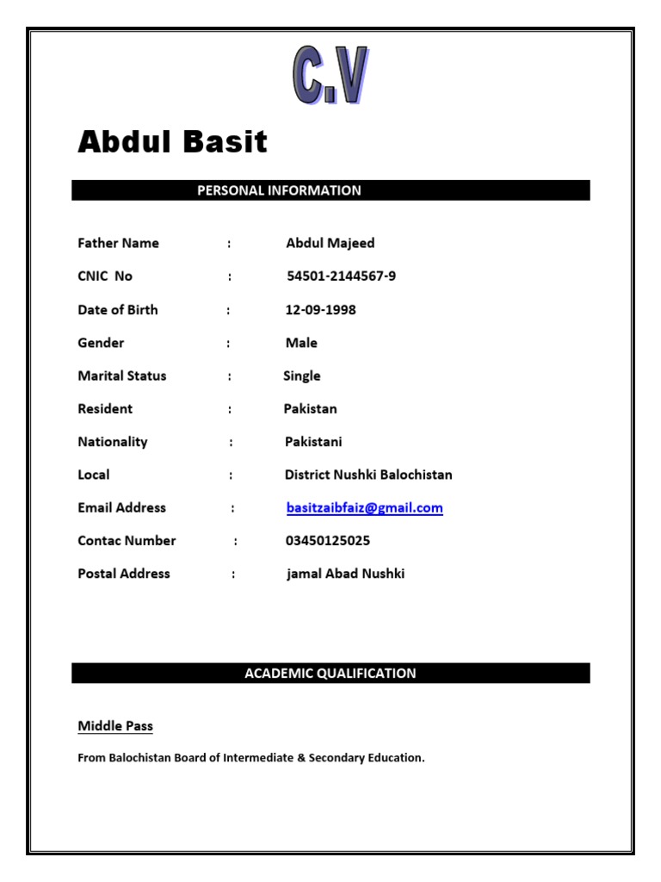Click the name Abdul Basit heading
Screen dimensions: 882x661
pos(173,142)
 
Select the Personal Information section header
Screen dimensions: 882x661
pos(279,190)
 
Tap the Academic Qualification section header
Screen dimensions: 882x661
pos(330,674)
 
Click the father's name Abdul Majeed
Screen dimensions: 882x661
pos(330,243)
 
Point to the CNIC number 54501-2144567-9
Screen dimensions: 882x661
pos(341,276)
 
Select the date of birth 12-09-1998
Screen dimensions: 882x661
pos(320,310)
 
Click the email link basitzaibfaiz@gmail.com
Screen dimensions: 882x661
pos(364,508)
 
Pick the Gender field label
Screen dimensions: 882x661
pos(101,343)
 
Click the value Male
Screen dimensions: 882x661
pos(301,343)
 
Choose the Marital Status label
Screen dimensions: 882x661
pos(122,376)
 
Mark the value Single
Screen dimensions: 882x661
pos(301,376)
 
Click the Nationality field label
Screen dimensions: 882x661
pos(113,442)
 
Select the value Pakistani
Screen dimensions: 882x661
pos(313,442)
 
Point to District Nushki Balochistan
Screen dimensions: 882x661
pos(368,475)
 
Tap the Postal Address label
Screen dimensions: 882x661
pos(124,574)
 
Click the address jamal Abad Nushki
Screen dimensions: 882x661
pos(345,574)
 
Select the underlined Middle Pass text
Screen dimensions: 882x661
pos(115,726)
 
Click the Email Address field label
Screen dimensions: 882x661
pos(121,508)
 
